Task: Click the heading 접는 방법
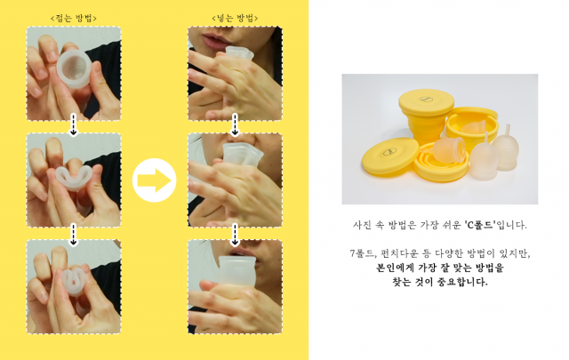point(74,18)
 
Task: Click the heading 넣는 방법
point(235,18)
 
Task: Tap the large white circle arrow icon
point(154,180)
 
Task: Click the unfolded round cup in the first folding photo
point(74,69)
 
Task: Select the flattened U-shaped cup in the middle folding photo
point(74,179)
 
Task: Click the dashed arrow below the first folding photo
point(73,124)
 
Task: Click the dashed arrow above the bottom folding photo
point(73,235)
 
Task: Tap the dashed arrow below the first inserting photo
point(235,124)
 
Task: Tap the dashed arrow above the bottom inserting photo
point(235,235)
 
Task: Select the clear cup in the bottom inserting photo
point(237,270)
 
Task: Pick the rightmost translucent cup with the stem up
point(506,148)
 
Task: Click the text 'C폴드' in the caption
point(480,225)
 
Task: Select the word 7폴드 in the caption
point(362,253)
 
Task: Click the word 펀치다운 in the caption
point(397,253)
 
